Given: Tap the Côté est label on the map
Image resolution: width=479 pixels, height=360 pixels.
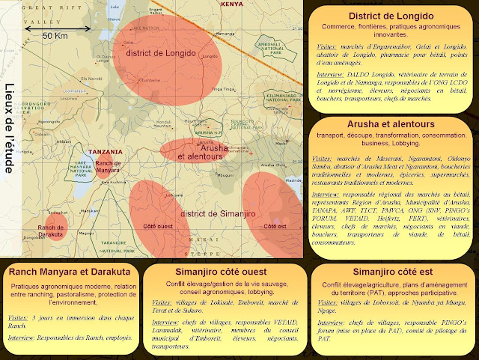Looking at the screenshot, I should pos(276,226).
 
